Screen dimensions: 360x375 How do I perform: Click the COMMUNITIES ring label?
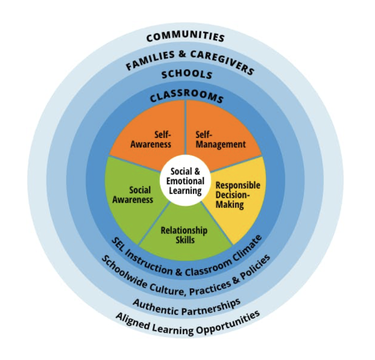click(185, 37)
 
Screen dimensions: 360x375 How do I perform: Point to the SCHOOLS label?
click(187, 74)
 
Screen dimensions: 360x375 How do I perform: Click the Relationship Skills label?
click(184, 234)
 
